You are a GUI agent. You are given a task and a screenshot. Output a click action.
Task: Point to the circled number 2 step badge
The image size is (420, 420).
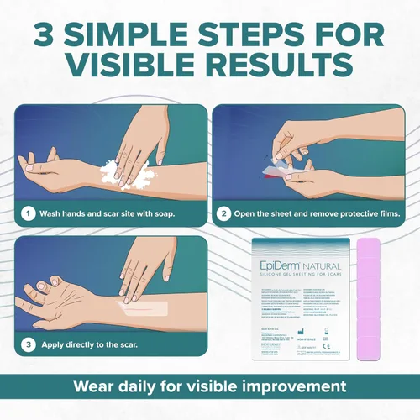(224, 213)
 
